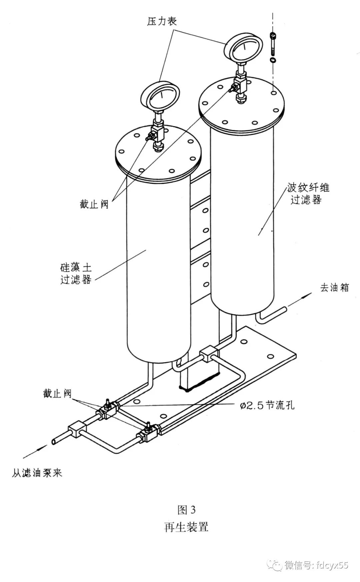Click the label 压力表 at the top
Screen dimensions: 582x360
pos(162,21)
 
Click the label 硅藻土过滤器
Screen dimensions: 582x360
pos(76,273)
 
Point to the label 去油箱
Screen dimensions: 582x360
pos(334,287)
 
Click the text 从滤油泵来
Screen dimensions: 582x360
pos(37,473)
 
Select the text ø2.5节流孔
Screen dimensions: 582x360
pos(267,405)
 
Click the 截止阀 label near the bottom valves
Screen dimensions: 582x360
pos(57,394)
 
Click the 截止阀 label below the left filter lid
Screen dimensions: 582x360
pos(94,204)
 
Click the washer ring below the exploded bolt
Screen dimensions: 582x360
pos(273,60)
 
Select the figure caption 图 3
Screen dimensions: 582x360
pos(187,510)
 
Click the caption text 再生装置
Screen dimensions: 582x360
pos(186,527)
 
